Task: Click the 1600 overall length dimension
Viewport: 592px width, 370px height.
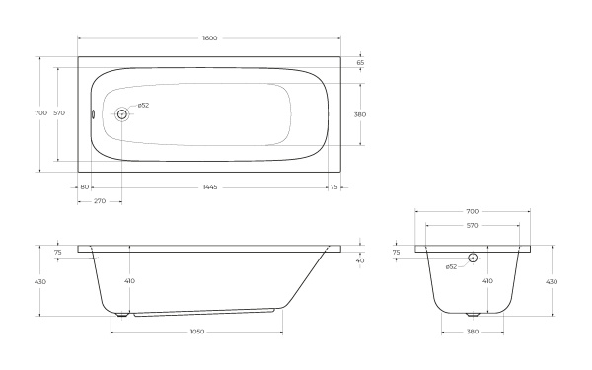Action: pos(209,37)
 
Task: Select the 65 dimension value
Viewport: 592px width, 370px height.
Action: pos(360,62)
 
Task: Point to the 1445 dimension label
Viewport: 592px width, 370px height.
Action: pos(209,186)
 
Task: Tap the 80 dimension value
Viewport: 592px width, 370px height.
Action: pos(85,186)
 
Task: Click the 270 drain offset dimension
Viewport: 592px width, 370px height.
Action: pos(100,201)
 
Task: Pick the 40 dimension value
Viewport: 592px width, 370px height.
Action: pos(360,260)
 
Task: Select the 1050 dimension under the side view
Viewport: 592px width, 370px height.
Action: pos(196,332)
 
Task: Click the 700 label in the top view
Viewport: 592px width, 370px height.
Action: pos(40,113)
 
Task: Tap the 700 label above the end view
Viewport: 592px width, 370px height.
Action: pos(472,211)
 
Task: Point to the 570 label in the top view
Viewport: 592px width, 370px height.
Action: pos(59,113)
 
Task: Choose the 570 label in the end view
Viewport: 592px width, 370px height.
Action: pos(472,226)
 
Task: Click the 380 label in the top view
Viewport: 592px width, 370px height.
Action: pos(360,114)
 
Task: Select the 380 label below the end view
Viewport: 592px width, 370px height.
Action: pos(472,332)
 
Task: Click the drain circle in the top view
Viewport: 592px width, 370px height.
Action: pos(122,114)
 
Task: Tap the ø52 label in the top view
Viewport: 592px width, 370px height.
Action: pos(143,106)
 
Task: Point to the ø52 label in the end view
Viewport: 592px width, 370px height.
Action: pos(450,266)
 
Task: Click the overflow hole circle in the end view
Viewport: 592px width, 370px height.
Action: pos(472,258)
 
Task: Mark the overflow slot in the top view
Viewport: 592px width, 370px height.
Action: pos(93,113)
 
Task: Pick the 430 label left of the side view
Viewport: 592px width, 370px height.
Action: pos(40,281)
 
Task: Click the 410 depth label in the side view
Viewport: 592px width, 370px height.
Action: pos(129,281)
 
